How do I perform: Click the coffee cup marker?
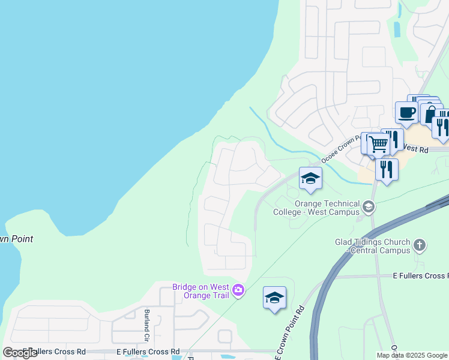(406, 112)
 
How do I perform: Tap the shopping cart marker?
(378, 144)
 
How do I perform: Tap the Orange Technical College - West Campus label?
(316, 208)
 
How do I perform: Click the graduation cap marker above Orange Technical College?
(310, 178)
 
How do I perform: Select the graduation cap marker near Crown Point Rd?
(274, 298)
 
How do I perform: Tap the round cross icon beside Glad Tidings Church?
(420, 245)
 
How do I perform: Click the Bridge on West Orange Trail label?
(202, 291)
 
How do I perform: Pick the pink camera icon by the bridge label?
(239, 291)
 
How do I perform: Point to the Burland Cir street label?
(146, 320)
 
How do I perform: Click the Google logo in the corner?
(20, 353)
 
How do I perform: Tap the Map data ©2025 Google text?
(412, 355)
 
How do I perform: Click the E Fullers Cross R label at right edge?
(420, 275)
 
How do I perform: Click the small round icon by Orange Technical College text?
(369, 208)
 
